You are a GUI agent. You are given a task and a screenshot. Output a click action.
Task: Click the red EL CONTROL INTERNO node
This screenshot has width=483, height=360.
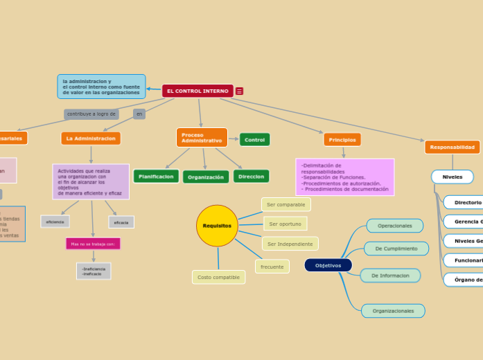[197, 91]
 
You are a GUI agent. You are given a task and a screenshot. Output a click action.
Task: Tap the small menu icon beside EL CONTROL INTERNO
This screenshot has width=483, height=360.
[239, 91]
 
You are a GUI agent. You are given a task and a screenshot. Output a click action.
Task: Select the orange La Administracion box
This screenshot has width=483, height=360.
[91, 138]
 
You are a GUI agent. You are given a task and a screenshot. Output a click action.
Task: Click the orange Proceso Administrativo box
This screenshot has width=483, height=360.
[202, 138]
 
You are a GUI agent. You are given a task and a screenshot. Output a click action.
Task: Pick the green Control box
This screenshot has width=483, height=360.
[254, 140]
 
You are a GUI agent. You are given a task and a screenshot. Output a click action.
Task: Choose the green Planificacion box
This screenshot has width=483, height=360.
[156, 177]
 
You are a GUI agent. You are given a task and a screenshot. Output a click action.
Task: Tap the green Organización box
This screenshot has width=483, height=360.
[206, 177]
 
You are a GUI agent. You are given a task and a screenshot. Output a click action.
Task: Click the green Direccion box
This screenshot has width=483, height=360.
[251, 177]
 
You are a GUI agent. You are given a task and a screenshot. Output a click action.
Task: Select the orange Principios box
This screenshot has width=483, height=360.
[342, 140]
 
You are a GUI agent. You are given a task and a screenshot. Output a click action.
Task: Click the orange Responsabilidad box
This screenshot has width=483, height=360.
[452, 147]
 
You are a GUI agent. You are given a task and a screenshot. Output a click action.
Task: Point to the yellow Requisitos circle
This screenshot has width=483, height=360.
[217, 226]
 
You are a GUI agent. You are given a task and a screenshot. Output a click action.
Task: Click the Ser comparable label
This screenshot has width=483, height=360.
[286, 204]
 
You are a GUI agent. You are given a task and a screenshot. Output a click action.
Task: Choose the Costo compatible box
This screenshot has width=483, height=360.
[218, 277]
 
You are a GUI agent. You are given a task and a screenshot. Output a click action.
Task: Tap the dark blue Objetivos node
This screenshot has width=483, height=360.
[328, 265]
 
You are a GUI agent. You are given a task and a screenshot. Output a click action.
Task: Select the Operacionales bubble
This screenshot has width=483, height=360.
[394, 226]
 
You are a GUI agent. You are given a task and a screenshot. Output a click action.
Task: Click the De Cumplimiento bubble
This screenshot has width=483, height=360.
[396, 249]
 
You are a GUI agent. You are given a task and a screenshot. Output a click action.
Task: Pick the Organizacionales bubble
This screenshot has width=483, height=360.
[393, 311]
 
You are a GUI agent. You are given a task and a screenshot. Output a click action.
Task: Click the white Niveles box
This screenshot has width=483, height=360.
[452, 177]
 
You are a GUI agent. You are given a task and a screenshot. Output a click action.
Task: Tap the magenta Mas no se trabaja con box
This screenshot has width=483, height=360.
[93, 244]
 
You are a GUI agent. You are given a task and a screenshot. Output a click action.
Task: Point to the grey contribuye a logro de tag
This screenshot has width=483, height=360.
[91, 114]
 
